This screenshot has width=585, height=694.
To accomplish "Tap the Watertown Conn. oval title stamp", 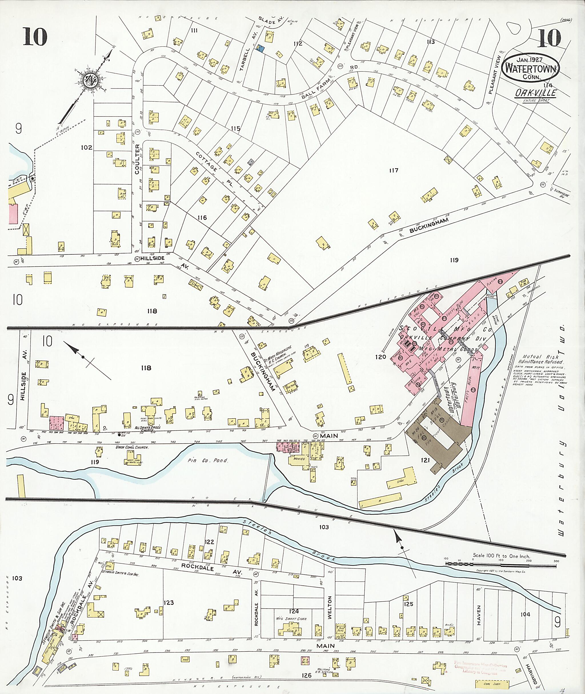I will [531, 69].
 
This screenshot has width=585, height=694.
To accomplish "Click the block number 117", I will [394, 171].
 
